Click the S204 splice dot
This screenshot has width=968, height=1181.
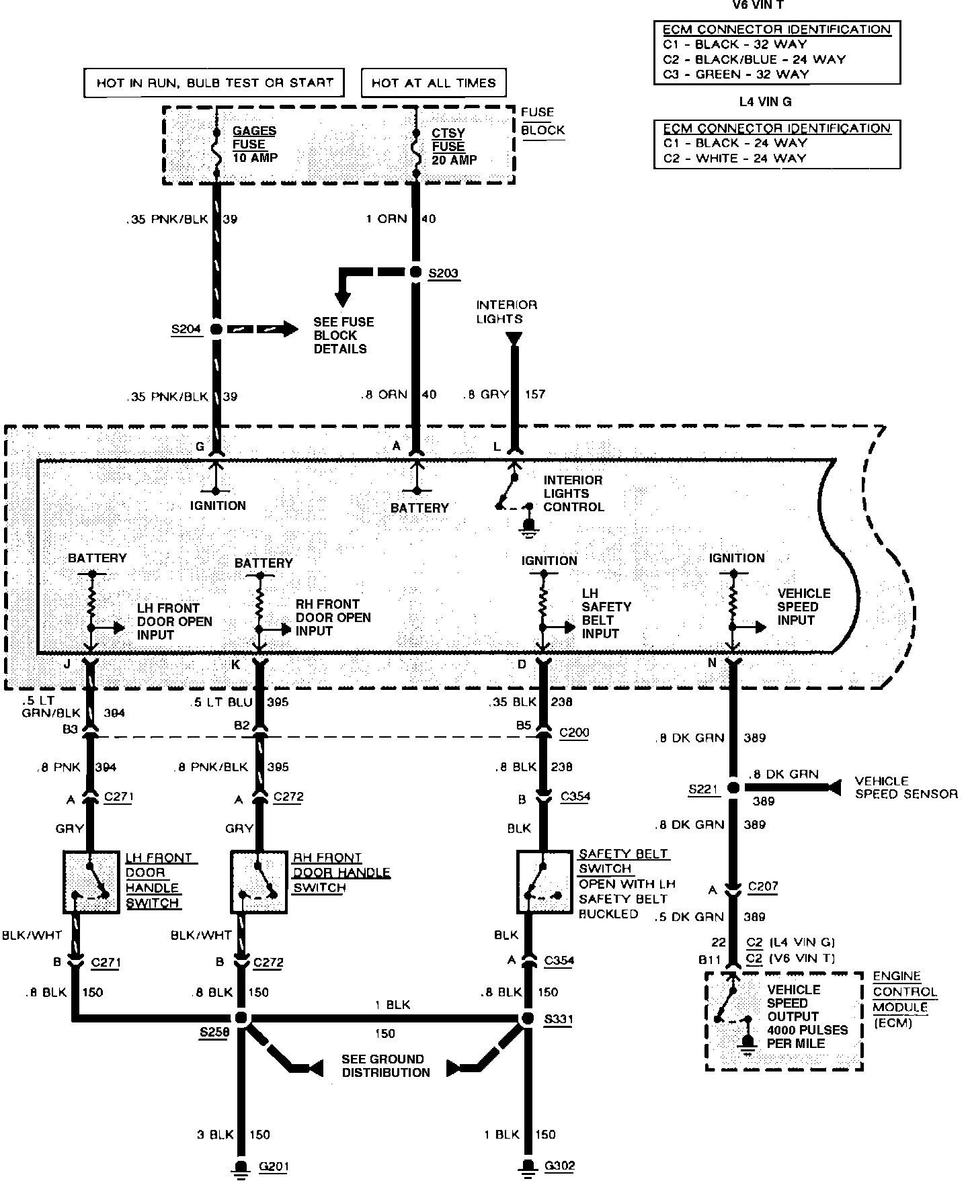[216, 329]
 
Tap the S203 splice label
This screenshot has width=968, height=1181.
[444, 273]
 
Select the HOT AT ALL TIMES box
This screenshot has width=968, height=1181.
[434, 83]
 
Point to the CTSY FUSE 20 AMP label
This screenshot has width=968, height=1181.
[454, 146]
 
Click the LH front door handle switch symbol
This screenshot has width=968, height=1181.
[91, 881]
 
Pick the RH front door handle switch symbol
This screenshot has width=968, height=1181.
[259, 881]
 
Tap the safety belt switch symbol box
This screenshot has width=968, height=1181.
[544, 881]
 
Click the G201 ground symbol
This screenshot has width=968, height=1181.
[240, 1167]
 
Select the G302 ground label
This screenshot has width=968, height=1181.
[559, 1166]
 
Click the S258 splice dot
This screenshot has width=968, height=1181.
[241, 1018]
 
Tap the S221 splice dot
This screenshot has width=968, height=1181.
[733, 788]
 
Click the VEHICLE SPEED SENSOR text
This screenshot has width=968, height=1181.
[905, 787]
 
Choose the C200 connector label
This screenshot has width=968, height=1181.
[574, 732]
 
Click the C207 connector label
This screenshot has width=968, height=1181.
[763, 886]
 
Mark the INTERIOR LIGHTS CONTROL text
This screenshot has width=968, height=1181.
[573, 494]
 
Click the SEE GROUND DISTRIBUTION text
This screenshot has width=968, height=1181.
[385, 1066]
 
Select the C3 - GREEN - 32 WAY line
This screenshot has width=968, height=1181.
[735, 75]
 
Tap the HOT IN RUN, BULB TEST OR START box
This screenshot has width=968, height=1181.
[214, 83]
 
